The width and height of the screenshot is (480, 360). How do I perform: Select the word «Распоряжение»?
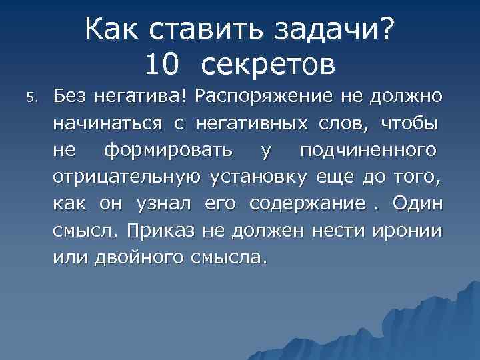(262, 96)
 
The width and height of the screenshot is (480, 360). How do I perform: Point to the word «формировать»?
(168, 151)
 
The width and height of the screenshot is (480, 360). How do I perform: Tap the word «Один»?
(417, 203)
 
